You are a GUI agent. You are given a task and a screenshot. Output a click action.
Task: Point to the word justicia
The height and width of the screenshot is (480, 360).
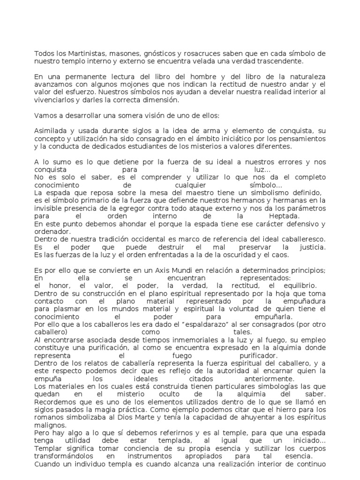310,247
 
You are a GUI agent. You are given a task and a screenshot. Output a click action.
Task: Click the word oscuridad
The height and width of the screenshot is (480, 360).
232,255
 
